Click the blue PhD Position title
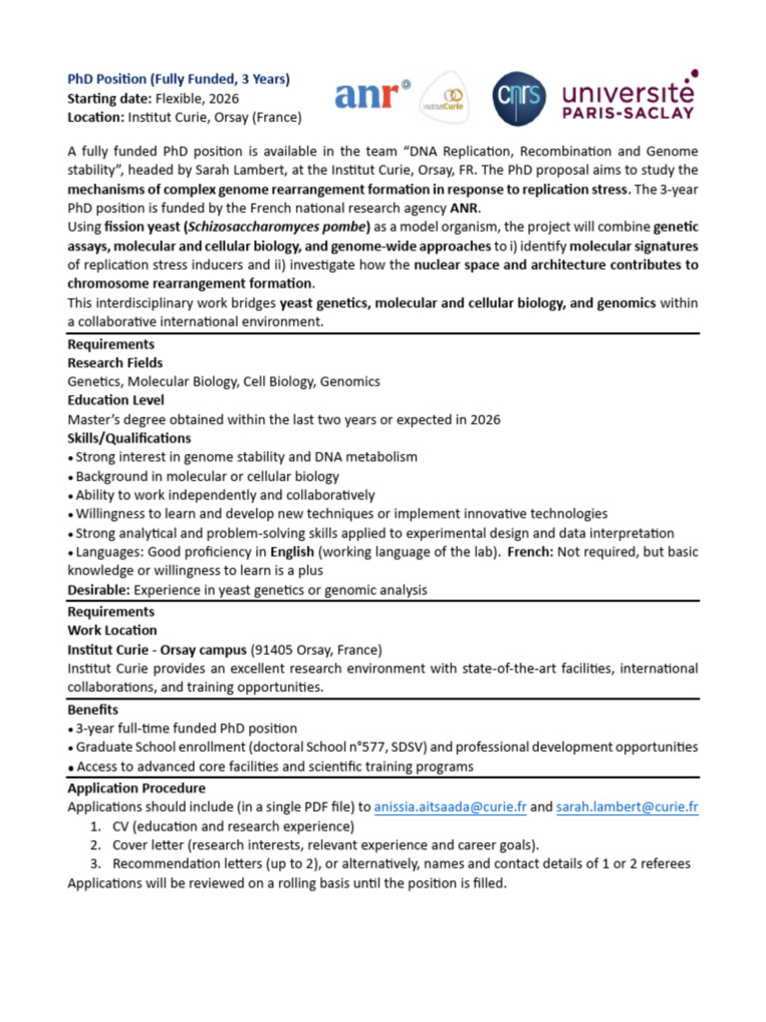[178, 79]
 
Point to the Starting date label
[109, 99]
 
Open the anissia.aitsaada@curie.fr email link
[450, 807]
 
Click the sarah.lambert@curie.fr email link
[627, 807]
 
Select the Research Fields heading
[115, 363]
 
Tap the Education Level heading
[116, 400]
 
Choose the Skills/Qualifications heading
[129, 438]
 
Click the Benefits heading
[93, 710]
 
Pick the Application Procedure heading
[136, 788]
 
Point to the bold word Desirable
[99, 590]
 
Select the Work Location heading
[112, 630]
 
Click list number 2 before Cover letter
[95, 845]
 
